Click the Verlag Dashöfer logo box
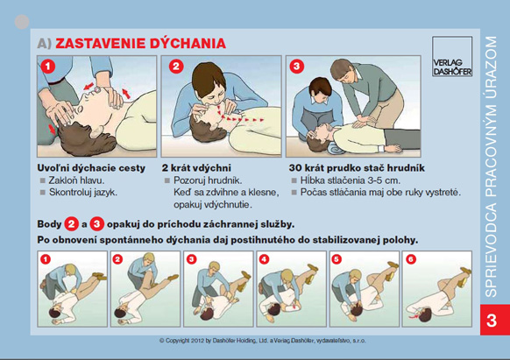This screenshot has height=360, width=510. tap(452, 56)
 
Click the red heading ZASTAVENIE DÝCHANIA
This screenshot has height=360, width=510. tap(140, 43)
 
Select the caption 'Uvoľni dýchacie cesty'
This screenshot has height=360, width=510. tap(91, 168)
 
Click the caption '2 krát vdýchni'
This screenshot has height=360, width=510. tap(196, 168)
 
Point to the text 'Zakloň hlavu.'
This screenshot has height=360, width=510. tap(76, 180)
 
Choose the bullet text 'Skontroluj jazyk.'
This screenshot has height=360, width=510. tap(83, 192)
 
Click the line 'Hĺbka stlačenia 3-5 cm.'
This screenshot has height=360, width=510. tap(351, 180)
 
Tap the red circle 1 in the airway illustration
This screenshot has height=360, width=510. tap(48, 67)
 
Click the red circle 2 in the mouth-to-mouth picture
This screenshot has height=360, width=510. tap(176, 67)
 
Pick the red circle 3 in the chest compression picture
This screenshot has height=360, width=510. tap(297, 67)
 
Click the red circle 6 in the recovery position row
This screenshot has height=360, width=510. tap(411, 259)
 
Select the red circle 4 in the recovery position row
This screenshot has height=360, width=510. tap(264, 259)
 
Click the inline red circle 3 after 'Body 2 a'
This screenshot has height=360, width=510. tap(97, 224)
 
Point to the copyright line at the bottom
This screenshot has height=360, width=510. tap(263, 341)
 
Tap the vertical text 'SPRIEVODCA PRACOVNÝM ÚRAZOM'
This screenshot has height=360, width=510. tap(491, 166)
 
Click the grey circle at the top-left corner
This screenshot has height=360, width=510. tap(22, 22)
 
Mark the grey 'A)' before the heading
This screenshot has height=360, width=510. tap(45, 43)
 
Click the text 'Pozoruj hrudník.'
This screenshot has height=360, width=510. tap(208, 180)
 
